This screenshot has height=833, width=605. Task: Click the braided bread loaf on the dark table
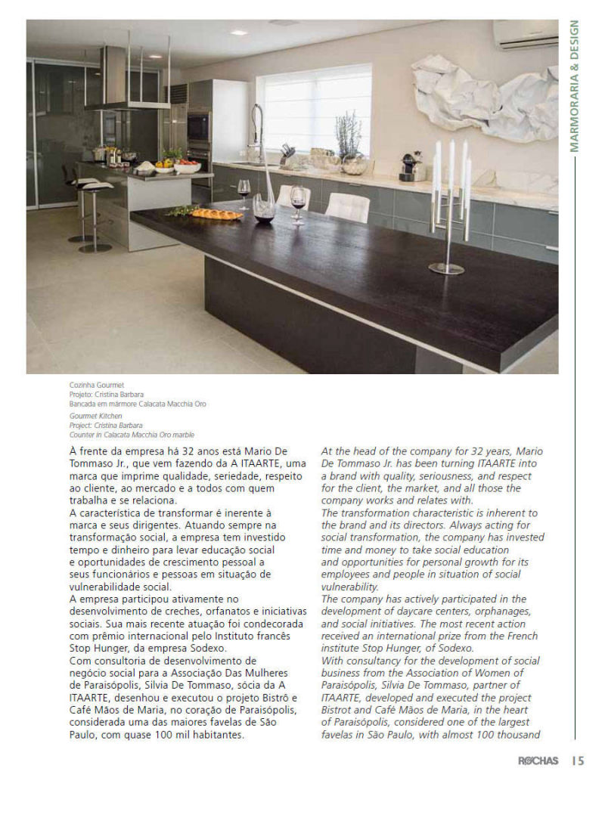coord(216,214)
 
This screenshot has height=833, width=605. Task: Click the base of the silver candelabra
coord(447,268)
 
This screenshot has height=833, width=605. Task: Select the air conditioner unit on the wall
coord(525,34)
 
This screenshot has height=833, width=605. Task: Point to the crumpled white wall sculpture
coord(484,95)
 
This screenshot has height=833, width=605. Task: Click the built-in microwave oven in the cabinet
coord(199,126)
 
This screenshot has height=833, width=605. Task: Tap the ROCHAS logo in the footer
coord(538,760)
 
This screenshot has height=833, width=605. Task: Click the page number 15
coord(578,760)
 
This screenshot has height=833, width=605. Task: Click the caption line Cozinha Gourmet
coord(96,386)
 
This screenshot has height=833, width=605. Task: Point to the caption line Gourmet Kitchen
coord(96,415)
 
